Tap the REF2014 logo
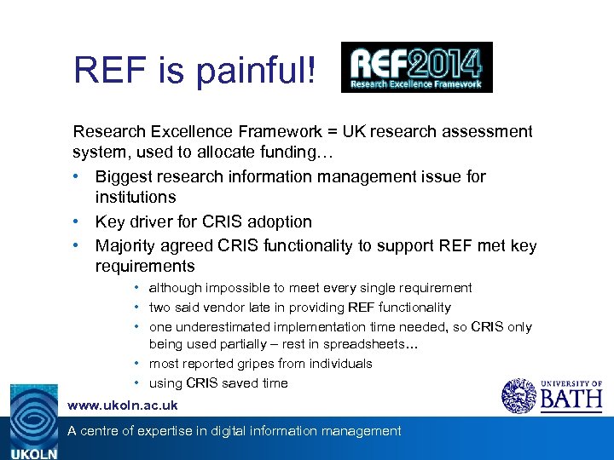tap(416, 66)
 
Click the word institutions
tap(136, 197)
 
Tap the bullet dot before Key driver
tap(78, 221)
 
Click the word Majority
tap(129, 246)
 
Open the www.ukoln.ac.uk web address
tap(123, 405)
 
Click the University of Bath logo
tap(552, 395)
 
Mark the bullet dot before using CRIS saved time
tap(137, 383)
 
